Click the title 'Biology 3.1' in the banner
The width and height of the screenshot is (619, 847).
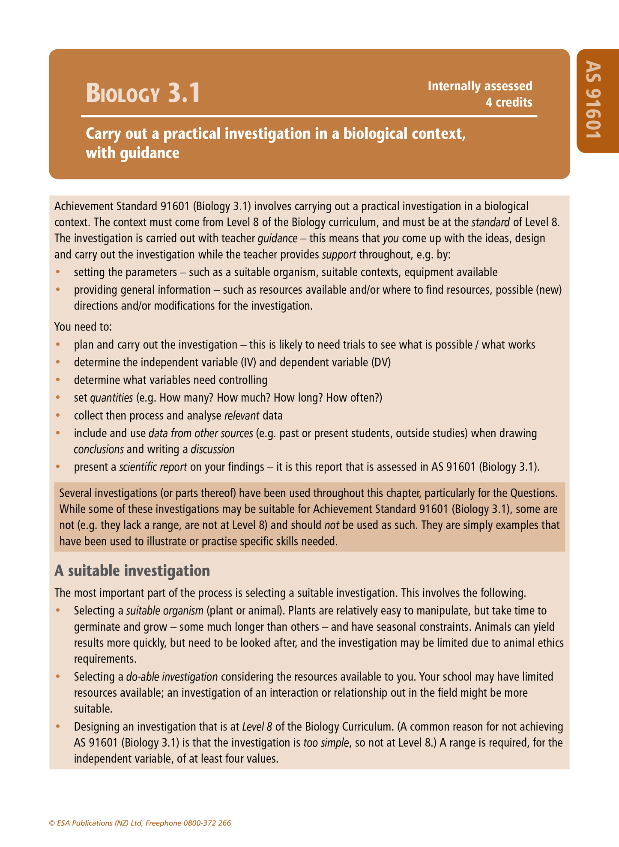(x=143, y=93)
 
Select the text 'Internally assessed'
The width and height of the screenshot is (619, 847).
(x=479, y=86)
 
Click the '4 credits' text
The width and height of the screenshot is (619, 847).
(x=508, y=102)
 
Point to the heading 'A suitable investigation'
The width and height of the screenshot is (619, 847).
(x=132, y=571)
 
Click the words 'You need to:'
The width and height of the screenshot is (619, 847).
(x=83, y=327)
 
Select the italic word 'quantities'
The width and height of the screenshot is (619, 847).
(x=112, y=398)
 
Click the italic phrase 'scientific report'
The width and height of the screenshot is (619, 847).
(x=153, y=467)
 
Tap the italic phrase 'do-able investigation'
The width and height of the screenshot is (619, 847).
(x=172, y=677)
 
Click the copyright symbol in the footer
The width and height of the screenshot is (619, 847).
(x=52, y=823)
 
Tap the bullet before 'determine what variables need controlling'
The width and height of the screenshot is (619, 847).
(x=59, y=380)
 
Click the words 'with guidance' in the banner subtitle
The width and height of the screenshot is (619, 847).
(x=132, y=153)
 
